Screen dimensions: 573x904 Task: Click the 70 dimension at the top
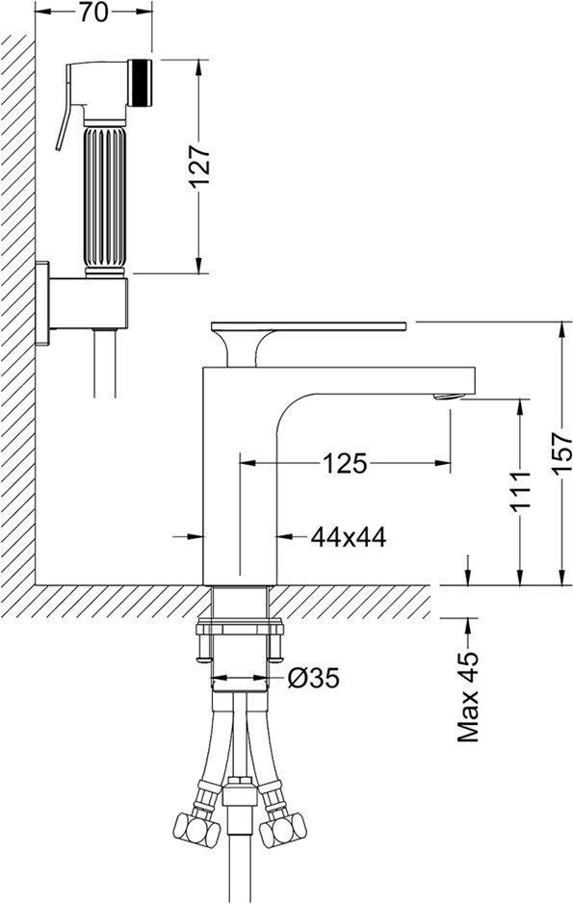click(x=93, y=13)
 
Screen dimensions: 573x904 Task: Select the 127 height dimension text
click(x=199, y=166)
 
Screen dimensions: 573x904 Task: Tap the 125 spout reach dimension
click(x=344, y=463)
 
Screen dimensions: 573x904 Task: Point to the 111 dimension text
click(x=519, y=491)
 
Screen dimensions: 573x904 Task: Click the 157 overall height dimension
click(x=562, y=453)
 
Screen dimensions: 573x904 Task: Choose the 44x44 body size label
click(x=349, y=537)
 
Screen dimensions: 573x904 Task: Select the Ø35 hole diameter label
click(x=314, y=679)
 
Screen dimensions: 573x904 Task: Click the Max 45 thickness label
click(x=468, y=697)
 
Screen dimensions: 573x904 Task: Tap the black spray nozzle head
click(x=140, y=83)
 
